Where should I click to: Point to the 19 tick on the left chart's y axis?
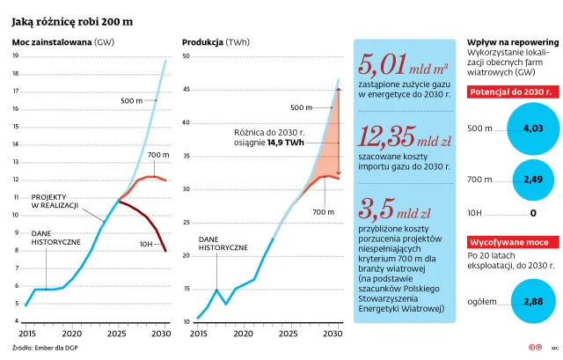coord(15,55)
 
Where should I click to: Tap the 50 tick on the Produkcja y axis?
coord(186,56)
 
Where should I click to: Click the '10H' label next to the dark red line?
coord(146,242)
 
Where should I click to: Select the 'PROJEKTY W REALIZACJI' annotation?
coord(55,201)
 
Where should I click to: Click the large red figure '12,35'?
coord(388,137)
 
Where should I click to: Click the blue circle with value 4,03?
coord(533,129)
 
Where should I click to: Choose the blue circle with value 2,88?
coord(533,301)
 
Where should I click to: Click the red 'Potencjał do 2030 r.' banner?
coord(511,92)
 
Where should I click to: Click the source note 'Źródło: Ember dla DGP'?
coord(42,349)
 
